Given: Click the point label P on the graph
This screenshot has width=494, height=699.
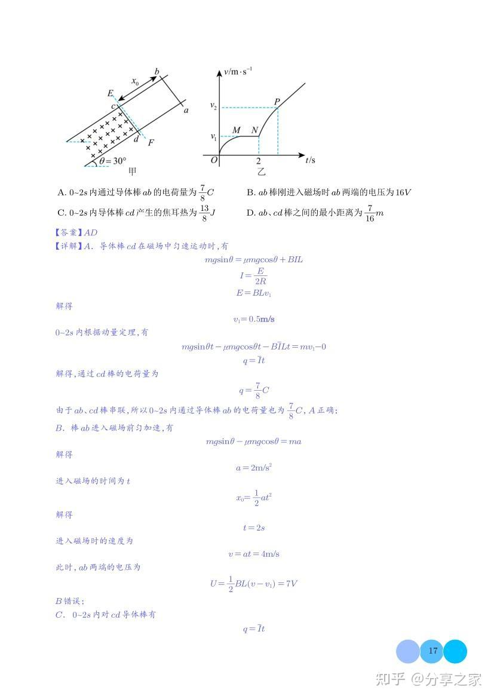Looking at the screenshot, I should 277,101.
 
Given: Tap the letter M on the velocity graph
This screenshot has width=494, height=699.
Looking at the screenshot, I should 236,130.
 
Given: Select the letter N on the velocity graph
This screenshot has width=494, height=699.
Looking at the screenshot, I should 255,130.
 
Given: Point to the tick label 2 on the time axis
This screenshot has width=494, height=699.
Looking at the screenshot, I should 259,162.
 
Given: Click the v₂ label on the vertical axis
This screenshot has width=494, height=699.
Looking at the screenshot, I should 213,106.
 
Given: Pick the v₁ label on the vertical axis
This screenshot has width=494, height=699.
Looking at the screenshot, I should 213,136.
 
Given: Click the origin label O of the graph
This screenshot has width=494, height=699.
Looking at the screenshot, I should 214,160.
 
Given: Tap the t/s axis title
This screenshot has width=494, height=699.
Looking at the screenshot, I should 310,160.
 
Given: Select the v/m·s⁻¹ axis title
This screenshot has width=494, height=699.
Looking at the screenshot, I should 238,72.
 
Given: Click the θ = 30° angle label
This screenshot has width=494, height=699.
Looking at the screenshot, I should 113,161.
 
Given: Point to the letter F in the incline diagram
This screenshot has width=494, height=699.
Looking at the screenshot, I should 151,143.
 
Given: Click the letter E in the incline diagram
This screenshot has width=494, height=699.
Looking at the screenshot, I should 111,93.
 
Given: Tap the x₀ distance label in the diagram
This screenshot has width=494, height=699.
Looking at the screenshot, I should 135,82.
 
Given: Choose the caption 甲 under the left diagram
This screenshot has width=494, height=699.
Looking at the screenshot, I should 133,171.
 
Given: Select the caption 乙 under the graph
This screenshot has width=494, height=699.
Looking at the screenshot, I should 261,172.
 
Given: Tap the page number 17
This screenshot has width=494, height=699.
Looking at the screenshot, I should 432,651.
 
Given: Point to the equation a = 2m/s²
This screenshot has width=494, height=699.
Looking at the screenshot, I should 254,468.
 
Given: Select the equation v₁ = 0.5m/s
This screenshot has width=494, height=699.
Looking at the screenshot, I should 254,319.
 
